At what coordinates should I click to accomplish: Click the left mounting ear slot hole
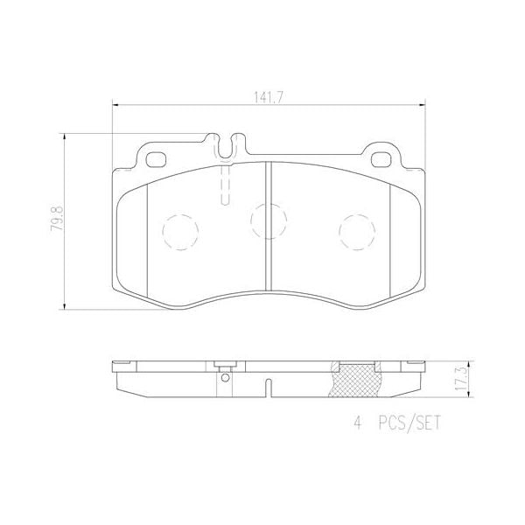[x=157, y=159]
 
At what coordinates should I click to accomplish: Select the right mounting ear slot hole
[x=382, y=159]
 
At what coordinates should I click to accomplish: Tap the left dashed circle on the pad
[x=180, y=231]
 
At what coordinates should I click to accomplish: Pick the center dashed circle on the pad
[x=268, y=220]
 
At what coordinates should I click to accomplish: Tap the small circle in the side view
[x=225, y=378]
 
